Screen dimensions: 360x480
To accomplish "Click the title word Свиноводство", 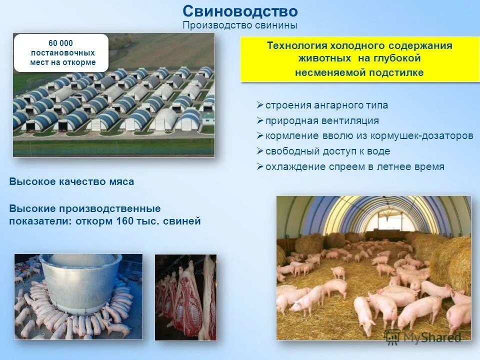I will coord(240,11).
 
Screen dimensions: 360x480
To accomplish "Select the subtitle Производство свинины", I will coord(240,25).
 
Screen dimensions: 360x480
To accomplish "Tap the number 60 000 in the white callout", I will coord(60,43).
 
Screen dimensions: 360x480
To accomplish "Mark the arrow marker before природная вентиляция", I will coord(260,120).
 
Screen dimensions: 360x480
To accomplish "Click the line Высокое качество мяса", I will coord(71,182).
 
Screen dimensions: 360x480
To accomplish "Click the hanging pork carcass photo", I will coord(185,297).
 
